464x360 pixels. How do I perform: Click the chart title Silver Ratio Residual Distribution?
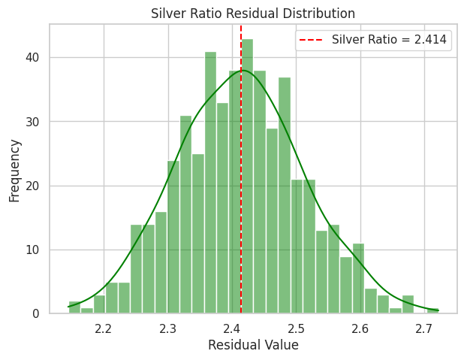pyautogui.click(x=253, y=14)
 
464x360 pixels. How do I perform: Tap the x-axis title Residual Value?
pyautogui.click(x=253, y=345)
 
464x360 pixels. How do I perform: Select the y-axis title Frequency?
pyautogui.click(x=14, y=169)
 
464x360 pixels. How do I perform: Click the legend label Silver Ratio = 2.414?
pyautogui.click(x=392, y=40)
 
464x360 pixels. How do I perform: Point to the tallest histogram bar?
pyautogui.click(x=247, y=177)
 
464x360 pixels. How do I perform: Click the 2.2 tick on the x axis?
pyautogui.click(x=104, y=328)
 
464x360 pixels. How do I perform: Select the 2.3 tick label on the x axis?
pyautogui.click(x=168, y=328)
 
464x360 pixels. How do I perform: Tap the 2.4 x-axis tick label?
pyautogui.click(x=232, y=328)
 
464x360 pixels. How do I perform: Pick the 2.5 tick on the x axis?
pyautogui.click(x=297, y=328)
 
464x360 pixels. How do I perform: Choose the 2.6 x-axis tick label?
pyautogui.click(x=360, y=328)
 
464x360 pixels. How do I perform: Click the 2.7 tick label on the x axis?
pyautogui.click(x=425, y=328)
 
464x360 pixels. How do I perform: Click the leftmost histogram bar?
pyautogui.click(x=74, y=307)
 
